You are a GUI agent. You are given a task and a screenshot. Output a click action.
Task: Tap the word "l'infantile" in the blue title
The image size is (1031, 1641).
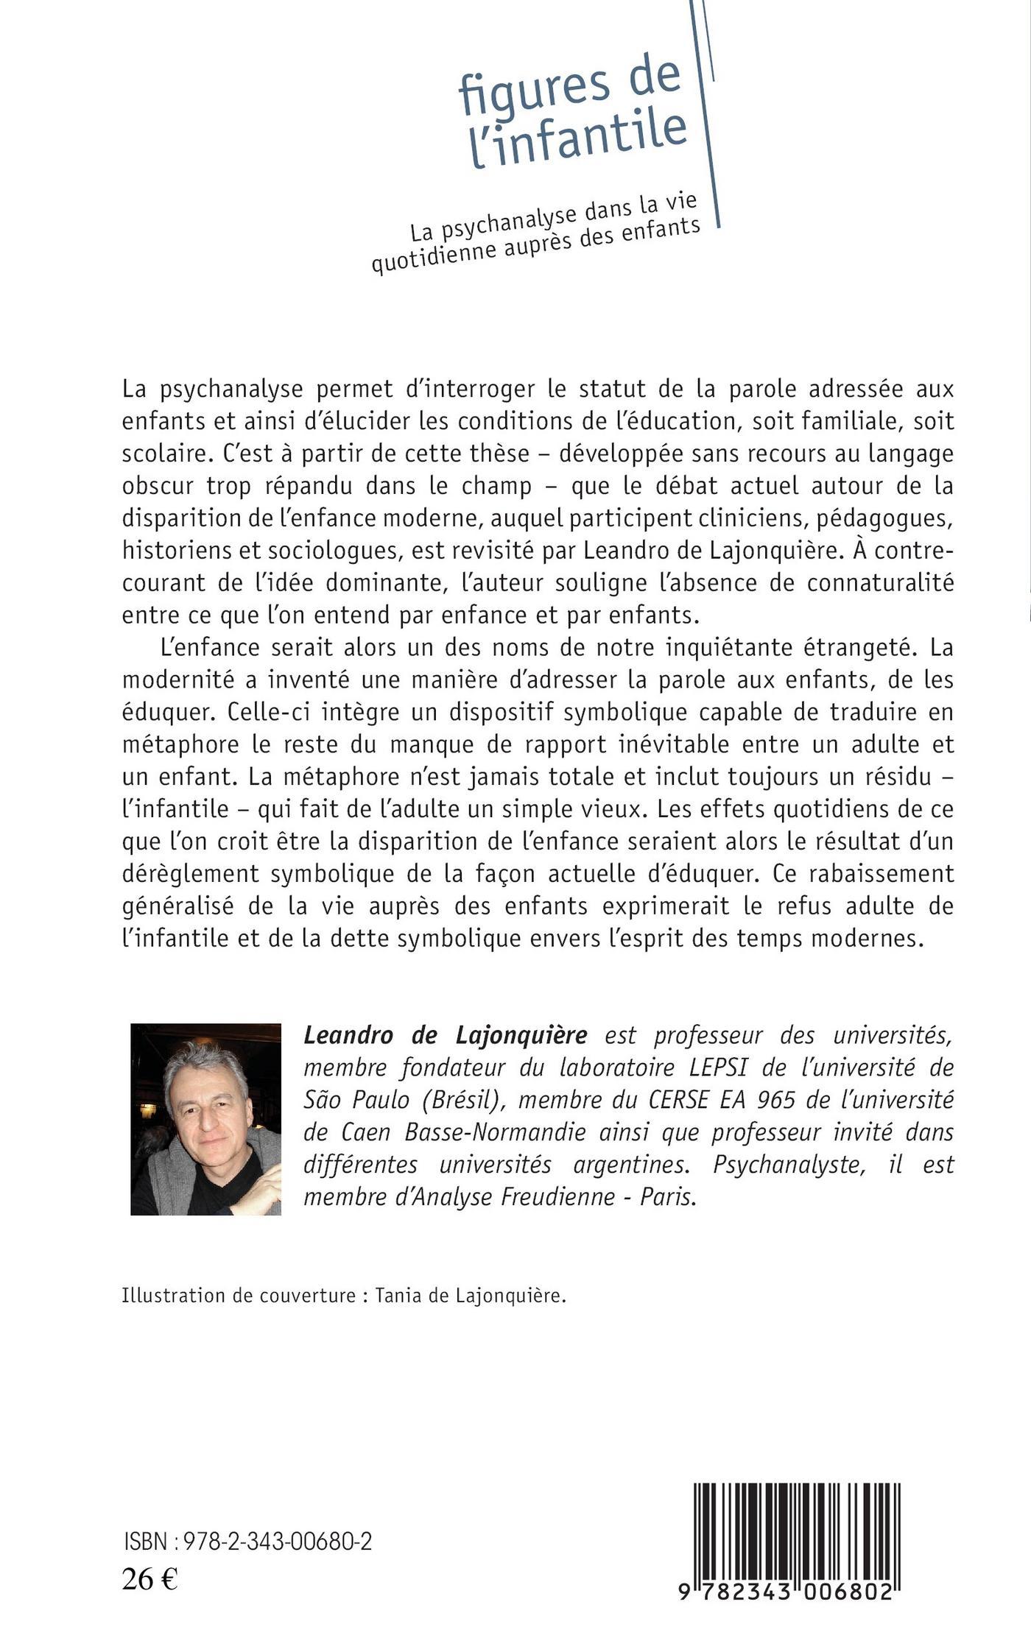(x=579, y=138)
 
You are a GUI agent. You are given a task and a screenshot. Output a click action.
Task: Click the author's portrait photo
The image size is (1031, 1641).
(x=205, y=1118)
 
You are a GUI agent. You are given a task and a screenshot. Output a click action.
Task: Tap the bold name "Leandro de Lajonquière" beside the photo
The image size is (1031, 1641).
(x=446, y=1035)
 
